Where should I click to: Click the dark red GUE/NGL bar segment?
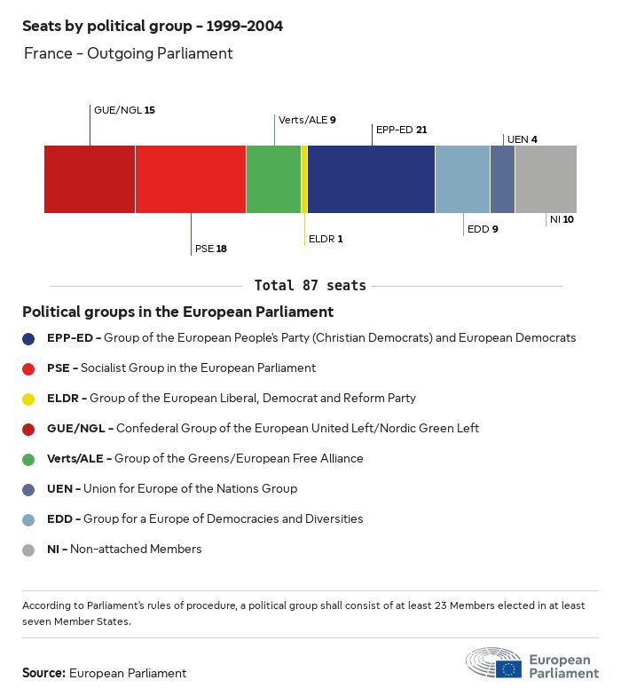coord(90,179)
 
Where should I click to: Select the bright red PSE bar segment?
coord(191,179)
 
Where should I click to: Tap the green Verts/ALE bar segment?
coord(273,179)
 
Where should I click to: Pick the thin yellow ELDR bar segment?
coord(304,179)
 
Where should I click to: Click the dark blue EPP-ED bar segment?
coord(371,179)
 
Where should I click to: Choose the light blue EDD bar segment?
coord(462,179)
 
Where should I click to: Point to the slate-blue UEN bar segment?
coord(502,179)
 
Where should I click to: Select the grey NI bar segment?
coord(546,179)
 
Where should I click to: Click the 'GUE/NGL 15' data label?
coord(124,110)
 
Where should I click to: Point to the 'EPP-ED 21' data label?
coord(401,130)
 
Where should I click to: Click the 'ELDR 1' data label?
coord(326,239)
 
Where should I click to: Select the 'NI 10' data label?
coord(562,219)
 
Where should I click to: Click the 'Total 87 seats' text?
coord(310,285)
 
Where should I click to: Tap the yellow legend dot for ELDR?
coord(29,399)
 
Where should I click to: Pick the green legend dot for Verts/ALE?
coord(29,459)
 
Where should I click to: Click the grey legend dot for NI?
coord(29,550)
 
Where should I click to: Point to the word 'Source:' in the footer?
coord(43,673)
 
